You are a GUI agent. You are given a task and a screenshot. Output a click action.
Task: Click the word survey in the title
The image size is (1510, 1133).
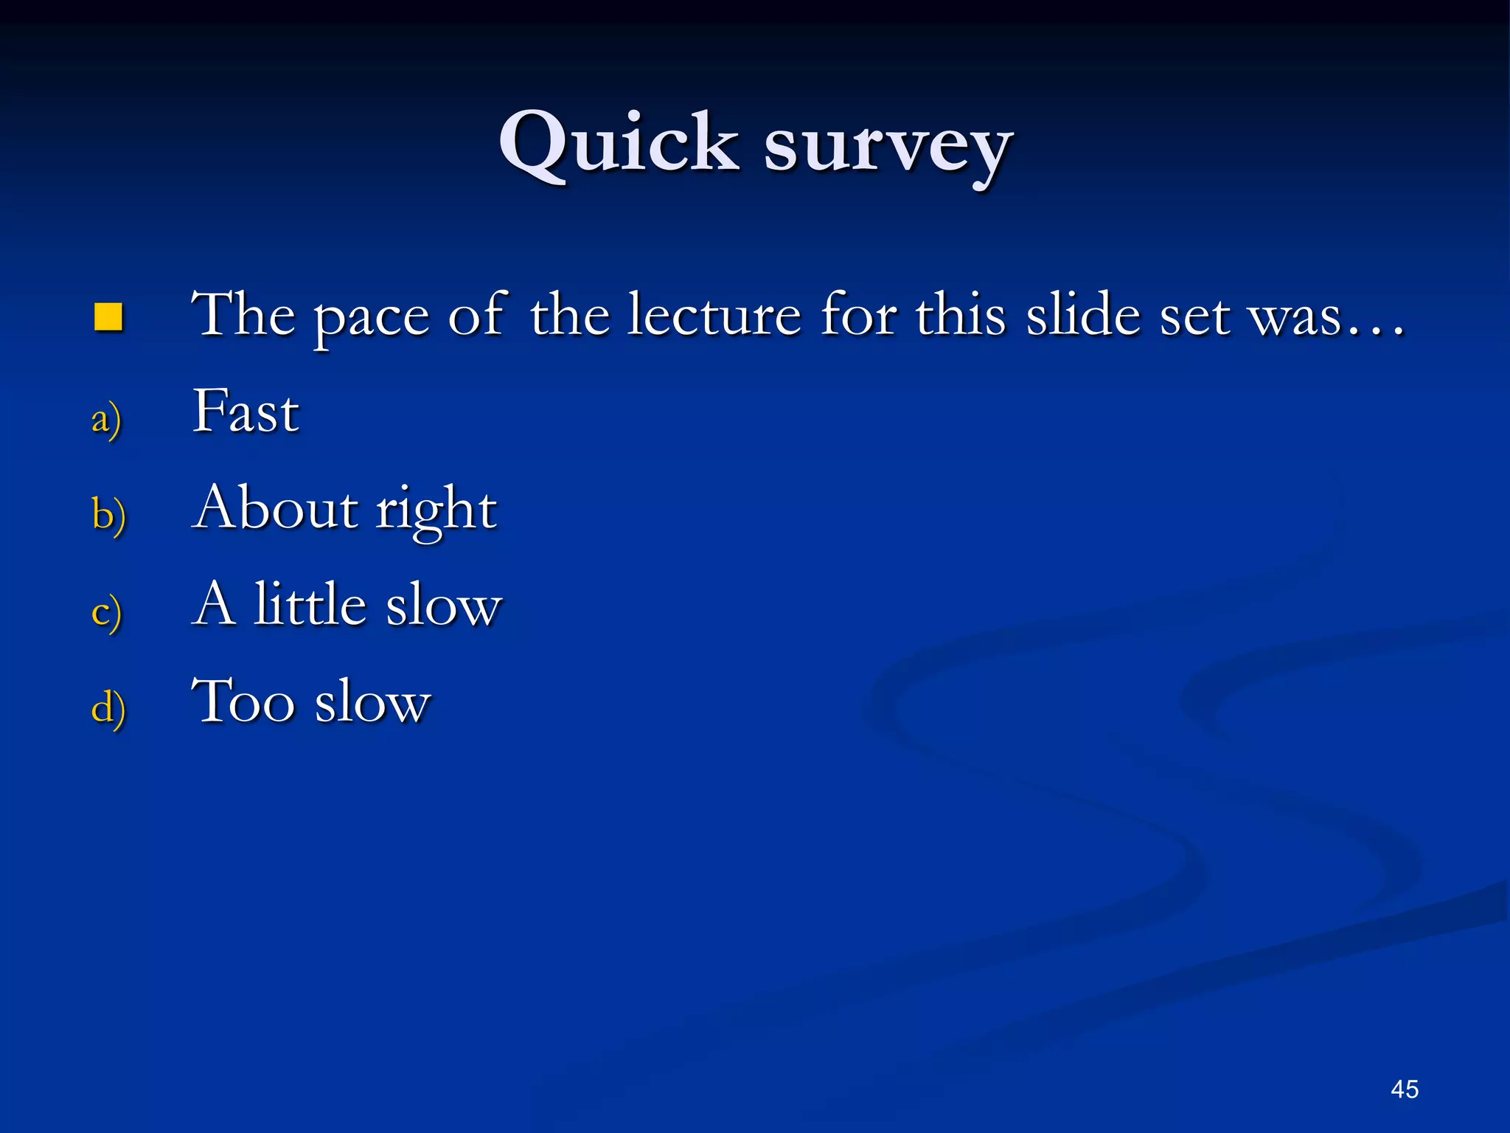point(888,148)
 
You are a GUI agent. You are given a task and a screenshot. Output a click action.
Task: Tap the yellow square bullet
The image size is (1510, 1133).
point(108,316)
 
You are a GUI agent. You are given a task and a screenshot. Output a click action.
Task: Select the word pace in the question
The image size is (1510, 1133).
point(371,317)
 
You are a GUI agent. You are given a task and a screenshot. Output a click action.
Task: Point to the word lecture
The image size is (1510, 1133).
point(714,315)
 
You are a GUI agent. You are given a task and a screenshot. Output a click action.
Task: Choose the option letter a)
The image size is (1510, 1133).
point(106,420)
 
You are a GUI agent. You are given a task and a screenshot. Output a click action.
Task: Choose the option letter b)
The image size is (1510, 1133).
point(108,514)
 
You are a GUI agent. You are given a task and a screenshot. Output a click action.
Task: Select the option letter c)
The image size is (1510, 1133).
point(106,611)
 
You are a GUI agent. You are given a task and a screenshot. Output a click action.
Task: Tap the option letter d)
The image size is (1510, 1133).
point(108,707)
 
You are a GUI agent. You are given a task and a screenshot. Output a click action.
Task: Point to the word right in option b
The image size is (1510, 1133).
point(436,510)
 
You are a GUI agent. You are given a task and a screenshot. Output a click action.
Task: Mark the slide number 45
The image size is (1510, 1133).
point(1404,1089)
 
